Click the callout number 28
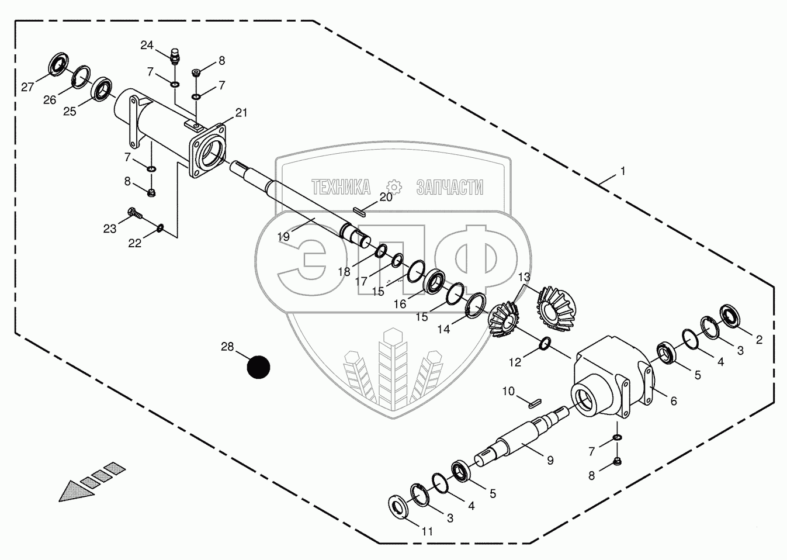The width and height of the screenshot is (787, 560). pyautogui.click(x=227, y=347)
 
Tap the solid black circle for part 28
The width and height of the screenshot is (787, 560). pyautogui.click(x=258, y=367)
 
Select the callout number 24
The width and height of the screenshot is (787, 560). pyautogui.click(x=147, y=45)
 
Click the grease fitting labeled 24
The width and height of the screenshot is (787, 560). pyautogui.click(x=174, y=57)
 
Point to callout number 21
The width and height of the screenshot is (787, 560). pyautogui.click(x=241, y=112)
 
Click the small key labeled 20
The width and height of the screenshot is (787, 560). pyautogui.click(x=359, y=212)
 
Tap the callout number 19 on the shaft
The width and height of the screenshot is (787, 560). pyautogui.click(x=284, y=237)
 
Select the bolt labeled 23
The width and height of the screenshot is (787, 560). pyautogui.click(x=134, y=213)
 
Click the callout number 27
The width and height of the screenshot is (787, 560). pyautogui.click(x=28, y=87)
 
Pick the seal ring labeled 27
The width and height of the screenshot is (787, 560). pyautogui.click(x=57, y=64)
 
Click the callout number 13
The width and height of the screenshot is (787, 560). pyautogui.click(x=524, y=276)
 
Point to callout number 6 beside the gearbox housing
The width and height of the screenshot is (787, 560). pyautogui.click(x=674, y=401)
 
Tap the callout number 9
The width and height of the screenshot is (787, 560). pyautogui.click(x=550, y=460)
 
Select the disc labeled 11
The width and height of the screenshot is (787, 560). pyautogui.click(x=401, y=506)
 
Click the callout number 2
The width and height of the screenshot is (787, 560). pyautogui.click(x=759, y=340)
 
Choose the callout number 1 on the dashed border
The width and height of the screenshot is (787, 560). pyautogui.click(x=623, y=171)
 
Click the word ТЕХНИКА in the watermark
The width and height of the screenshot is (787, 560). pyautogui.click(x=341, y=187)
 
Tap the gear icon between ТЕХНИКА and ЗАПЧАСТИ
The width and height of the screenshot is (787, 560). pyautogui.click(x=395, y=186)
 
